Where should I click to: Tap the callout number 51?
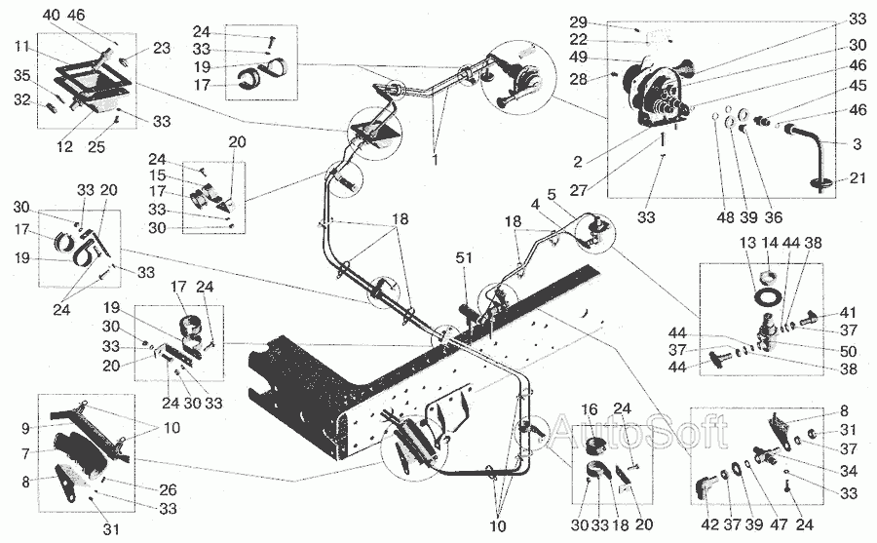pyautogui.click(x=465, y=259)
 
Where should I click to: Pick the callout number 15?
pyautogui.click(x=158, y=175)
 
